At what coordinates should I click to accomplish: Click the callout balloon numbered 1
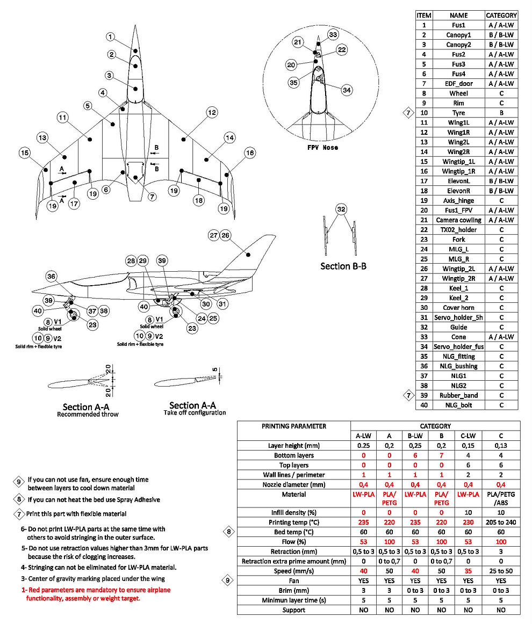(110, 37)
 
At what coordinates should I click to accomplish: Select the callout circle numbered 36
(51, 276)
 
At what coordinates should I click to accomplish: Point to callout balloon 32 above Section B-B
(340, 209)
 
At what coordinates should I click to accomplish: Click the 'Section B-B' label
(343, 266)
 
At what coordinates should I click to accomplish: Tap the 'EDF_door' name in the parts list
(458, 84)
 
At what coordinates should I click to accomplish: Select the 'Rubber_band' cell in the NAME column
(458, 395)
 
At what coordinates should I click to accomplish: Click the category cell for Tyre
(501, 113)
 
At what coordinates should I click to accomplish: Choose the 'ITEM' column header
(424, 16)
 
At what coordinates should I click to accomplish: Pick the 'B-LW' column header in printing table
(415, 436)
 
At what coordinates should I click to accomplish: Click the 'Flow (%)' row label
(293, 542)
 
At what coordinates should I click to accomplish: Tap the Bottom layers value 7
(441, 455)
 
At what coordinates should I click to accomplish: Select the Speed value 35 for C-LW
(468, 571)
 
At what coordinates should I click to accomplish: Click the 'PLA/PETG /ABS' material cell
(501, 498)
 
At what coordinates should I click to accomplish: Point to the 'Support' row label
(293, 610)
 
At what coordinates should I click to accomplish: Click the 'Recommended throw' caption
(88, 415)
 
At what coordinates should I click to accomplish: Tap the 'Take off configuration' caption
(195, 412)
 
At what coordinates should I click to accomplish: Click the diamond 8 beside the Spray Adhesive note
(19, 499)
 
